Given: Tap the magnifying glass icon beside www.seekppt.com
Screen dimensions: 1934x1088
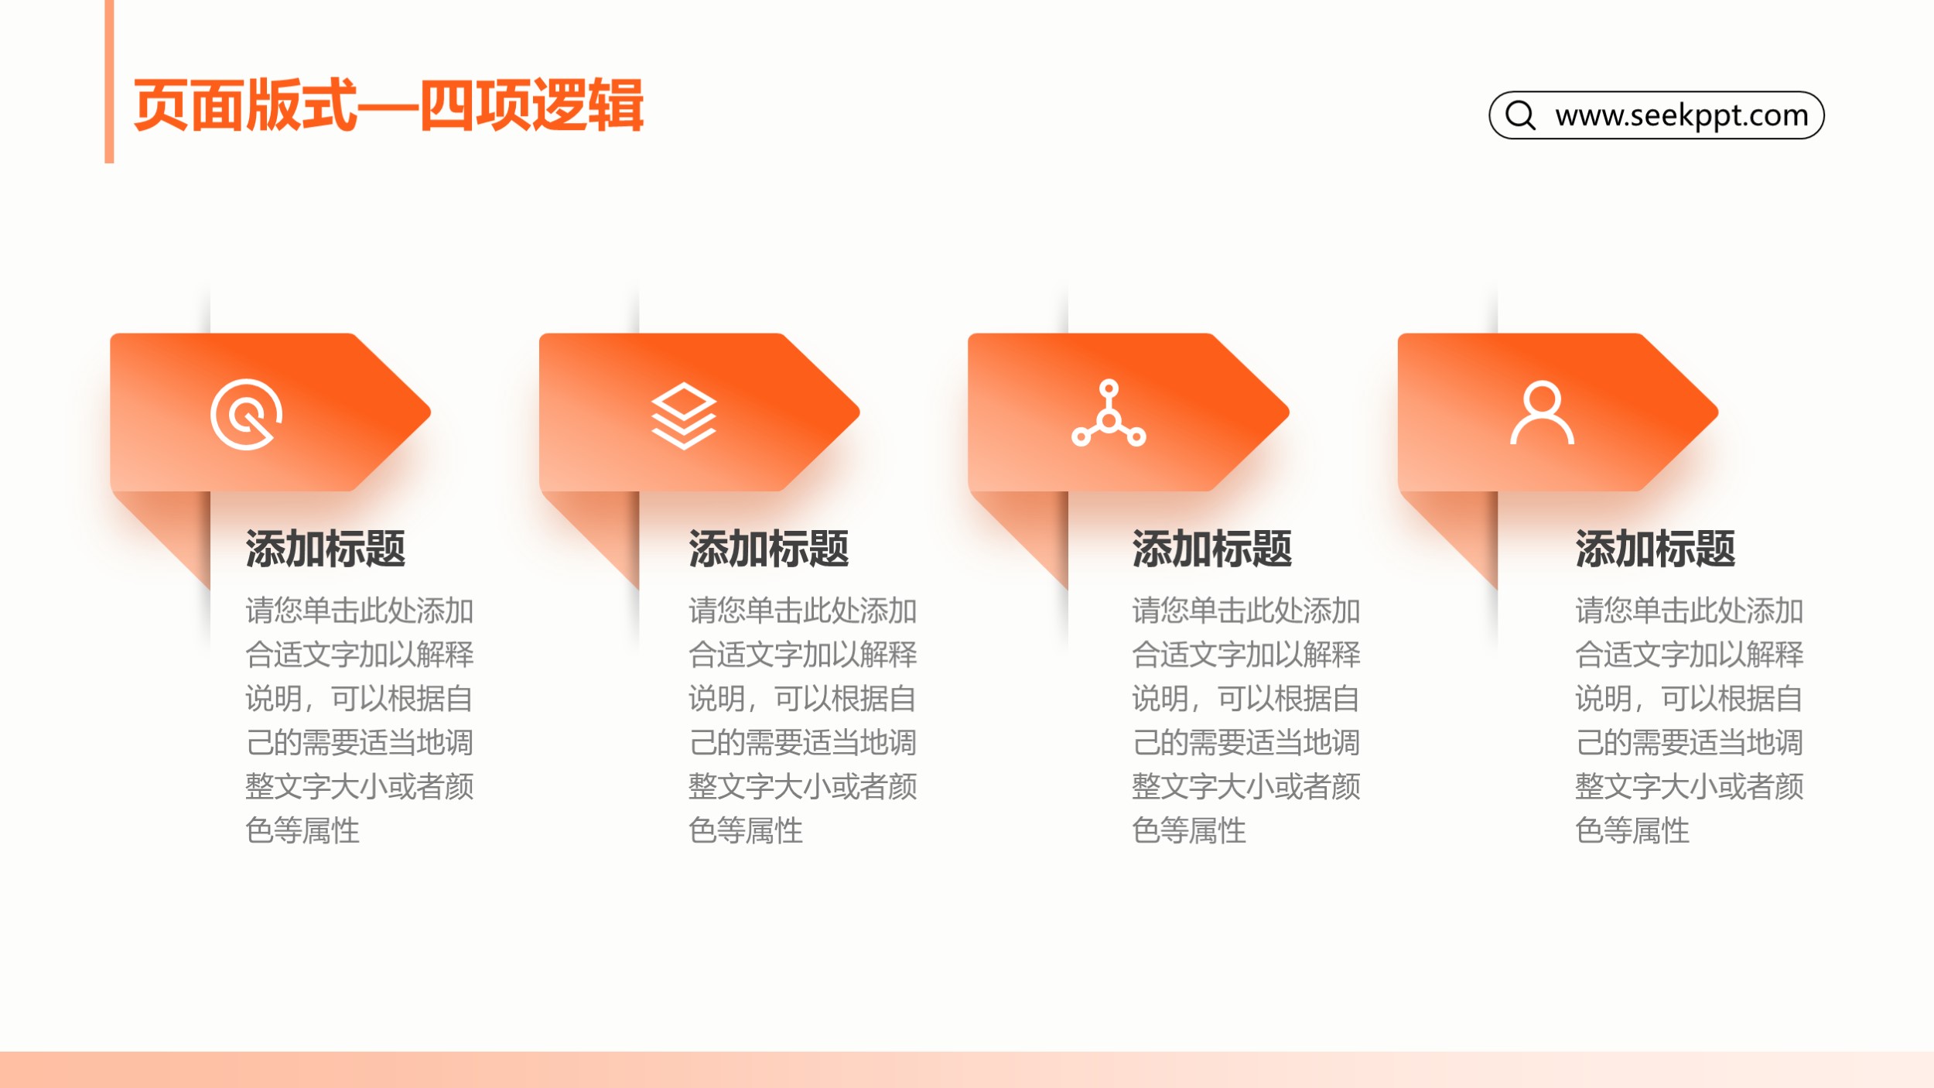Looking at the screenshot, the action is [1520, 115].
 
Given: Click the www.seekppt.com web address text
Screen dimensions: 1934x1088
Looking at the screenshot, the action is [1682, 116].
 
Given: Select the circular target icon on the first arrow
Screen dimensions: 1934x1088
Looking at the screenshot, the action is [246, 414].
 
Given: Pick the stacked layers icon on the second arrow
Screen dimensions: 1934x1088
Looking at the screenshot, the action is [684, 416].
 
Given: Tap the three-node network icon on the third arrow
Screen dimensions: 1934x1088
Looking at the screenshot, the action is [1109, 413].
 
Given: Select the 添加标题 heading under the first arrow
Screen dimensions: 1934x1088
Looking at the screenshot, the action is [326, 549].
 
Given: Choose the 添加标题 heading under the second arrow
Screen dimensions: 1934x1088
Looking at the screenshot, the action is [769, 549].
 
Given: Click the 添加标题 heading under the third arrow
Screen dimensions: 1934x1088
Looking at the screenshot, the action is [1212, 549].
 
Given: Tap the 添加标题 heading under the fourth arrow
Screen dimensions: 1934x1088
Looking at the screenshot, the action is [1656, 549].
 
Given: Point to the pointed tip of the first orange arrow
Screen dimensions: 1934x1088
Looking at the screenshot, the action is [430, 412].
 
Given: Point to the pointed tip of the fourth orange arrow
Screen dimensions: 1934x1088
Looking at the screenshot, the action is [1718, 412].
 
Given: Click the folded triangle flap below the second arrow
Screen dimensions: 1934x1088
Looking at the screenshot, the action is [607, 526].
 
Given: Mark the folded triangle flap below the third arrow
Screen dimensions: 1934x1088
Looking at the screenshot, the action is [1037, 526].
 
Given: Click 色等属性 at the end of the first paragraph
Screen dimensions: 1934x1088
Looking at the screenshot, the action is [302, 830].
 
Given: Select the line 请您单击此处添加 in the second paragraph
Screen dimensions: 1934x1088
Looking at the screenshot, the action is [803, 611].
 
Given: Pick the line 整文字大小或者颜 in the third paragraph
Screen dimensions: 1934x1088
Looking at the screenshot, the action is [1246, 786].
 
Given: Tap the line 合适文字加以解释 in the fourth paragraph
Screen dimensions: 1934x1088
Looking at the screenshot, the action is [1690, 655].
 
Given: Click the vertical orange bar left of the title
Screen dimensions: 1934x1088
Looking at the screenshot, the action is [109, 81].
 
